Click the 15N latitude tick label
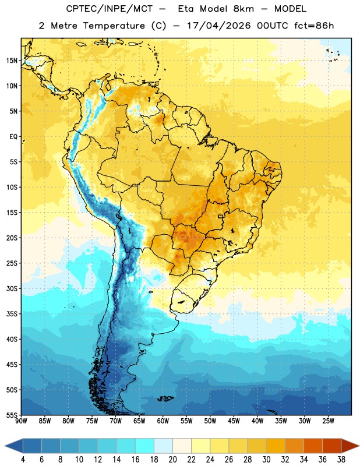12,61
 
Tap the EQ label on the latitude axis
13,137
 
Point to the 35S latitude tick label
12,314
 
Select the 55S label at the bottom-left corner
12,415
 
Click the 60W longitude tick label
163,421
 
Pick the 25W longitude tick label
328,421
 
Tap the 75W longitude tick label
92,421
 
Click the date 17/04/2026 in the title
219,26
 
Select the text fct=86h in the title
314,26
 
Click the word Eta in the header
185,9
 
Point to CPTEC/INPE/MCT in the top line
110,9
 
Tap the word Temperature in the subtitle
114,26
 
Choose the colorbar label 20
172,460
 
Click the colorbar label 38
341,460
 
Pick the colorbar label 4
23,460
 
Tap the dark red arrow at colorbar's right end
350,446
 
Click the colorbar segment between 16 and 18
144,446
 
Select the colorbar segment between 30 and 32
276,446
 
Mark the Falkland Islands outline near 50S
165,398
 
